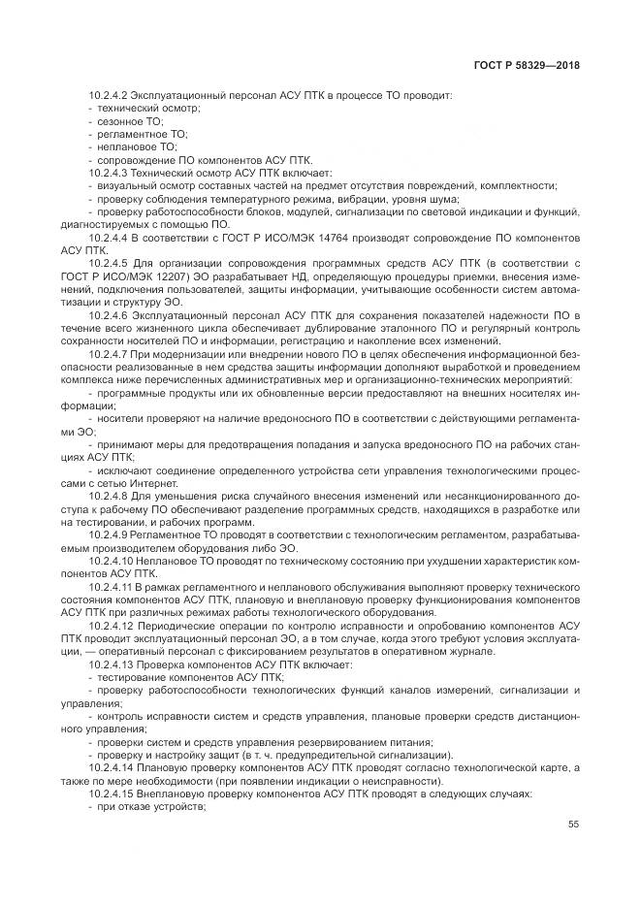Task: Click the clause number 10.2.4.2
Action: pyautogui.click(x=110, y=95)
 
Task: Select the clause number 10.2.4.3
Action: pyautogui.click(x=110, y=173)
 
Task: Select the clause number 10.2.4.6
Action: pyautogui.click(x=110, y=316)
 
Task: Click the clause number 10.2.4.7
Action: pyautogui.click(x=110, y=355)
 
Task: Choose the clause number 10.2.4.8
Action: pyautogui.click(x=110, y=495)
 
